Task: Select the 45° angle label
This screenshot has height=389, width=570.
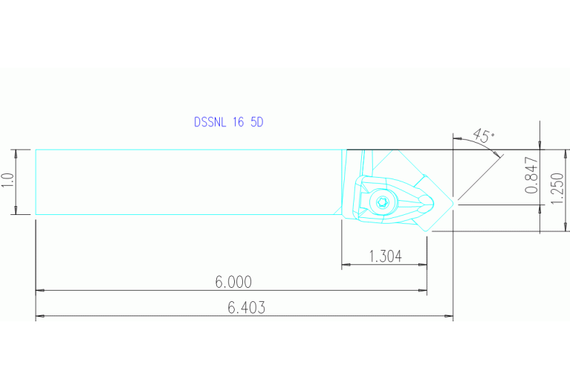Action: click(x=483, y=136)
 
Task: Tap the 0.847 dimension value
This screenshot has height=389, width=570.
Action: click(x=531, y=176)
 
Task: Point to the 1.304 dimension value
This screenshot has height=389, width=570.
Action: click(x=385, y=257)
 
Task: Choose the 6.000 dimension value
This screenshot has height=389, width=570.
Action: click(x=233, y=282)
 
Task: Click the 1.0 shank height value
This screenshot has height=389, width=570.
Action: click(x=8, y=181)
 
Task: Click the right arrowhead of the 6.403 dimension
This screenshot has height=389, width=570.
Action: click(x=449, y=317)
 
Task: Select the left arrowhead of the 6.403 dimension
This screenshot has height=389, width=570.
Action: click(x=40, y=317)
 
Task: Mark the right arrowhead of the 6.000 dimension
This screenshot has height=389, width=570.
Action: click(x=423, y=291)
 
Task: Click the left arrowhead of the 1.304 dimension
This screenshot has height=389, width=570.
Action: click(x=346, y=266)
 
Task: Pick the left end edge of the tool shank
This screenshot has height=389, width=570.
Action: click(x=36, y=181)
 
